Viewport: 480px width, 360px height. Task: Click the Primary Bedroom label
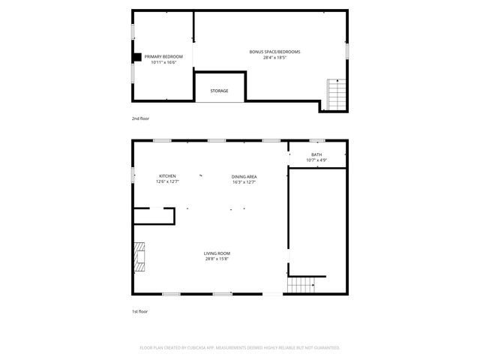pyautogui.click(x=163, y=56)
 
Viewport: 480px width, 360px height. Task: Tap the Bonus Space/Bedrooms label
pyautogui.click(x=275, y=52)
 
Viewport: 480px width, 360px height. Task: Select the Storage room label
pyautogui.click(x=219, y=91)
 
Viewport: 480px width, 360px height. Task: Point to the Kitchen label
pyautogui.click(x=166, y=176)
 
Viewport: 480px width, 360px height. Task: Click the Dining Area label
pyautogui.click(x=244, y=176)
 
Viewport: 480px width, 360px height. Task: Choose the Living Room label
pyautogui.click(x=217, y=253)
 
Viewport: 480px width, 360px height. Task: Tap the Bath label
pyautogui.click(x=316, y=154)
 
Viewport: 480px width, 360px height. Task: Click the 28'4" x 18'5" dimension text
pyautogui.click(x=275, y=58)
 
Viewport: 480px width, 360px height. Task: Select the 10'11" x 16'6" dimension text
pyautogui.click(x=163, y=62)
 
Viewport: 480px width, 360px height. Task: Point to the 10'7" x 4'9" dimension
pyautogui.click(x=316, y=160)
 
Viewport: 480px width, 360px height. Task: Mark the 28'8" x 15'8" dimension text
pyautogui.click(x=217, y=259)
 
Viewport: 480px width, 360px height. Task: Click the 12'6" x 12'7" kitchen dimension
pyautogui.click(x=166, y=182)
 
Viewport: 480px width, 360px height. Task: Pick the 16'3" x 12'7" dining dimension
pyautogui.click(x=244, y=182)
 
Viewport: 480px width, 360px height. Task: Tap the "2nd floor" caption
pyautogui.click(x=140, y=118)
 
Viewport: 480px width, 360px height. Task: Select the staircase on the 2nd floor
pyautogui.click(x=337, y=94)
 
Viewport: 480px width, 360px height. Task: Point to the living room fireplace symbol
pyautogui.click(x=140, y=257)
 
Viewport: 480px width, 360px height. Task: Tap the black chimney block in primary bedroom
pyautogui.click(x=137, y=56)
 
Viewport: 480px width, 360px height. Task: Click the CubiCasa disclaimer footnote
pyautogui.click(x=240, y=347)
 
